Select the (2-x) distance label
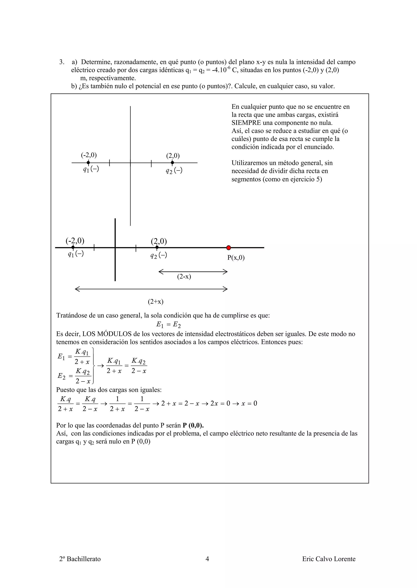[x=184, y=277]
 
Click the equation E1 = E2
[x=168, y=325]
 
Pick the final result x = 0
[x=249, y=403]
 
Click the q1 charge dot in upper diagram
[x=88, y=163]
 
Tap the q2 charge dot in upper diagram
[x=172, y=163]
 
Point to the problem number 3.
[x=62, y=62]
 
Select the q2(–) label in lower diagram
[x=159, y=255]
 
